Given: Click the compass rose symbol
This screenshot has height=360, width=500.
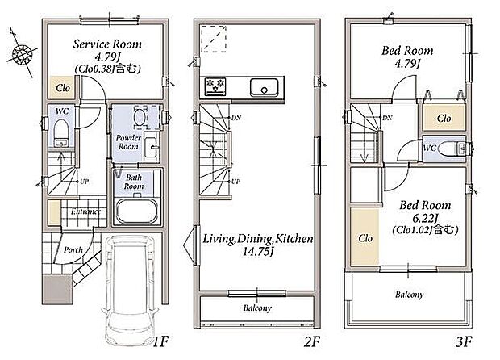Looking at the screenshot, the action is click(22, 53).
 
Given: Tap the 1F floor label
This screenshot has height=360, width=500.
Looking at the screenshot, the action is click(160, 341).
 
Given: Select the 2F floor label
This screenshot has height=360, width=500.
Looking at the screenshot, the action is click(311, 341).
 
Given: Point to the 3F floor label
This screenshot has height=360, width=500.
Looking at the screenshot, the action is click(464, 341).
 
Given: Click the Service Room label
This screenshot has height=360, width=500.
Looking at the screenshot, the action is click(107, 44).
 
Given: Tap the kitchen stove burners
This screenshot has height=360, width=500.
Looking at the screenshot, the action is click(215, 86).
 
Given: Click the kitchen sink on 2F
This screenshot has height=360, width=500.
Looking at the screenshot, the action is click(264, 87).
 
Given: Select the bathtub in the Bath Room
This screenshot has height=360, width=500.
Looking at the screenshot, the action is click(137, 211).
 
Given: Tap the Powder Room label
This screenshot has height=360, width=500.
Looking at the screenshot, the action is click(128, 142).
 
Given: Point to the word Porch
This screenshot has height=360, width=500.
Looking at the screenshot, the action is click(73, 250).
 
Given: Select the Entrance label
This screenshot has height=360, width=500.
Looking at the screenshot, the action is click(85, 211).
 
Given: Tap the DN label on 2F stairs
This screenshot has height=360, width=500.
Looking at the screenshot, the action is click(236, 118).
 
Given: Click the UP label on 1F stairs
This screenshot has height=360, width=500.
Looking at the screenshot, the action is click(84, 182).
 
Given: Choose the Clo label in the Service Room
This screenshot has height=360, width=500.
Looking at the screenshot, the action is click(63, 88).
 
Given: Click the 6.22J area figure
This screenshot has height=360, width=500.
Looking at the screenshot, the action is click(425, 218).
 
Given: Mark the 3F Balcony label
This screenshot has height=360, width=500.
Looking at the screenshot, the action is click(410, 295).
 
